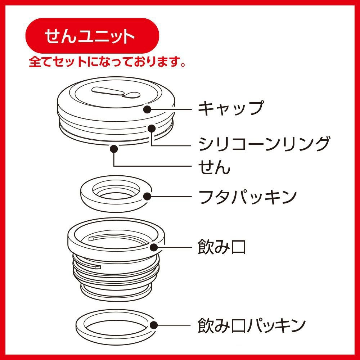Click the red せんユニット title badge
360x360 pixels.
(92, 36)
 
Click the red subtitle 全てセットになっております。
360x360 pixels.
(107, 62)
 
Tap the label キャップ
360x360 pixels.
(231, 108)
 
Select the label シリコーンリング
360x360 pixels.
(264, 144)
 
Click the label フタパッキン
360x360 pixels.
(248, 197)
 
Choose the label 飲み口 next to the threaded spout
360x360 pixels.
(222, 247)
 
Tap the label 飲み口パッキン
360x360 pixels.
(252, 325)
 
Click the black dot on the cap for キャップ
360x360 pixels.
(147, 109)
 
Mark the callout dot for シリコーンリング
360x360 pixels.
(152, 129)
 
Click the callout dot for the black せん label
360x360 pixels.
(114, 149)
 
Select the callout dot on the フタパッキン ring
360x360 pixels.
(147, 197)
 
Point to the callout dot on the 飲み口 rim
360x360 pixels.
(154, 247)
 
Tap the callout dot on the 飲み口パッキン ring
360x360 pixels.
(154, 325)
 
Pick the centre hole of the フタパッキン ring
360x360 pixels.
(116, 192)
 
